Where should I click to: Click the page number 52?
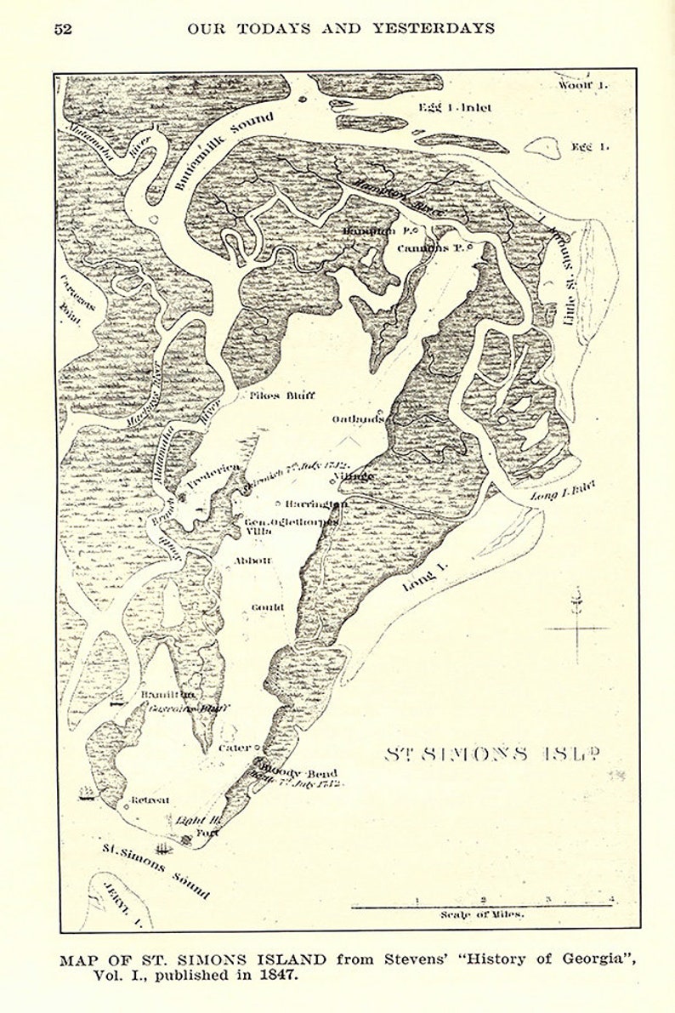tap(63, 28)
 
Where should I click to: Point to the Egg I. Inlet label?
tap(455, 108)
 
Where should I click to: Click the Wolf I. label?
tap(583, 85)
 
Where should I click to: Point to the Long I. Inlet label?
tap(563, 489)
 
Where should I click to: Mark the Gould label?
tap(267, 607)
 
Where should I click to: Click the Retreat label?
tap(150, 800)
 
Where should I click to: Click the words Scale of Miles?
tap(482, 915)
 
